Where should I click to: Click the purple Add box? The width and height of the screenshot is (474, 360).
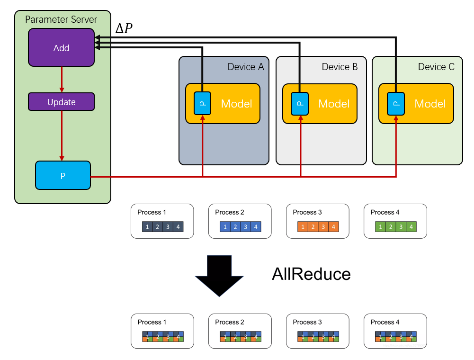61,47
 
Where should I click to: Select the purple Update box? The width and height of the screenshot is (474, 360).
61,102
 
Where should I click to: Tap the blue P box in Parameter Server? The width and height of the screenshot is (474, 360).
63,175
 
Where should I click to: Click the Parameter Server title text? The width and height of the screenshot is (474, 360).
61,20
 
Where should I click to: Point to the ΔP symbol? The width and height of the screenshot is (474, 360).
124,29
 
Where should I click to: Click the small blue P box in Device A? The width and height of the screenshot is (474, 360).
202,103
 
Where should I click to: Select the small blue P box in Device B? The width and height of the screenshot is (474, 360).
300,103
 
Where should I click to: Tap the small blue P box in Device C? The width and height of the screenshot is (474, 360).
396,103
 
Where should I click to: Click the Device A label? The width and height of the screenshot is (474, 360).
246,67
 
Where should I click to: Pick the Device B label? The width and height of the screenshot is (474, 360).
340,67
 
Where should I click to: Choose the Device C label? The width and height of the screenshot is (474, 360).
436,67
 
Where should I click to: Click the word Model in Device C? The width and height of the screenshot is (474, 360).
430,104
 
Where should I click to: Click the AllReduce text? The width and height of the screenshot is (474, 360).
311,274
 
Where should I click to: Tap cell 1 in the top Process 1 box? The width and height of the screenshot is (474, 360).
147,227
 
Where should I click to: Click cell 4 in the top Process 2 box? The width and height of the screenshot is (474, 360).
256,227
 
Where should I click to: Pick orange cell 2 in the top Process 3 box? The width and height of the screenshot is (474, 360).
313,227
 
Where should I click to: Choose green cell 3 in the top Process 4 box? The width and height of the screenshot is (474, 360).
401,227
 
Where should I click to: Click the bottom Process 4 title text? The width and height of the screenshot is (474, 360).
385,322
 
